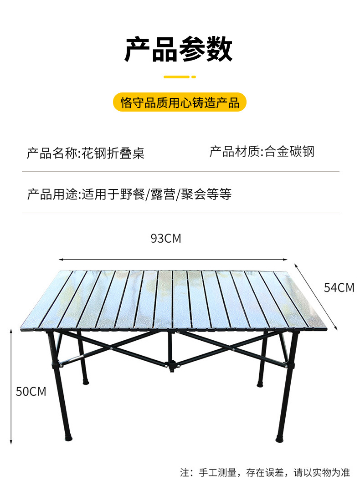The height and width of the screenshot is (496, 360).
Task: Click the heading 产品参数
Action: (179, 50)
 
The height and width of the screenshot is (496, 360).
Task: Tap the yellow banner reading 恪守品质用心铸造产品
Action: (180, 102)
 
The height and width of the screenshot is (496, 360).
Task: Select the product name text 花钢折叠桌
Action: (113, 153)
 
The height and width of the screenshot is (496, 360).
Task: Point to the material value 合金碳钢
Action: (290, 152)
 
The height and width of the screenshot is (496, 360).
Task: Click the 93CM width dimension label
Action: (166, 238)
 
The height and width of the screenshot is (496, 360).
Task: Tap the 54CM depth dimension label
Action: (339, 287)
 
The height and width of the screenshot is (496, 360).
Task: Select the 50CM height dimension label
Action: (31, 391)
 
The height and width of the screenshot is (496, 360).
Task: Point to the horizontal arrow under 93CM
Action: (173, 260)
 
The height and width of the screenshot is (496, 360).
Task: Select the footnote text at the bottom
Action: (265, 473)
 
